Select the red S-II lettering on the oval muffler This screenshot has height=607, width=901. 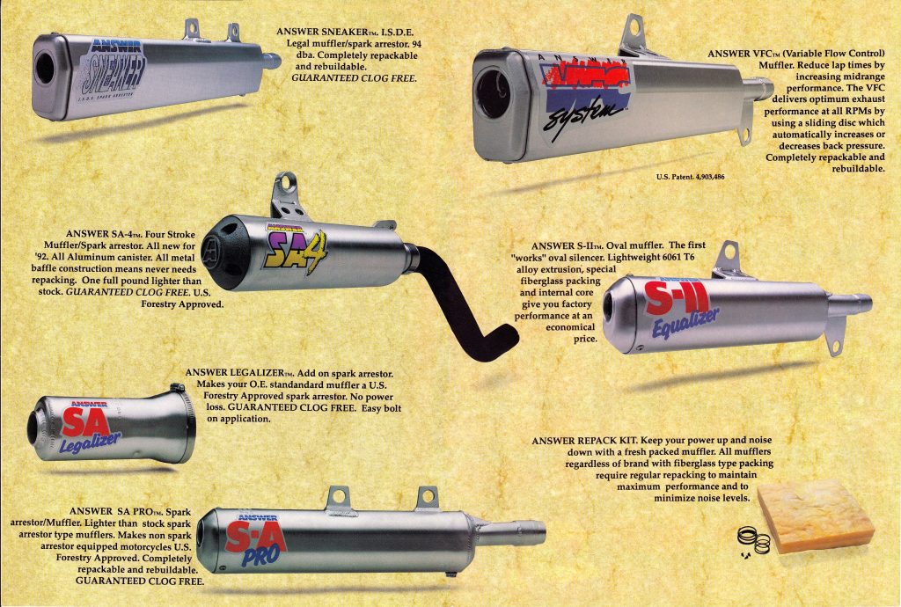click(x=677, y=297)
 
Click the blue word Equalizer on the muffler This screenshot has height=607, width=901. click(x=685, y=323)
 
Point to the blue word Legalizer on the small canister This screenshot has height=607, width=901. click(x=90, y=442)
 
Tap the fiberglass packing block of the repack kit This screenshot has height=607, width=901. click(x=816, y=516)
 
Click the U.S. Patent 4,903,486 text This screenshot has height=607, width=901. click(x=690, y=177)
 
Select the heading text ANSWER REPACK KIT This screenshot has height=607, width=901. click(x=584, y=441)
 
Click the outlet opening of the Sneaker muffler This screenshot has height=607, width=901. click(x=45, y=68)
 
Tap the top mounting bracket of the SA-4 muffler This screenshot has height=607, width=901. click(x=287, y=194)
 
